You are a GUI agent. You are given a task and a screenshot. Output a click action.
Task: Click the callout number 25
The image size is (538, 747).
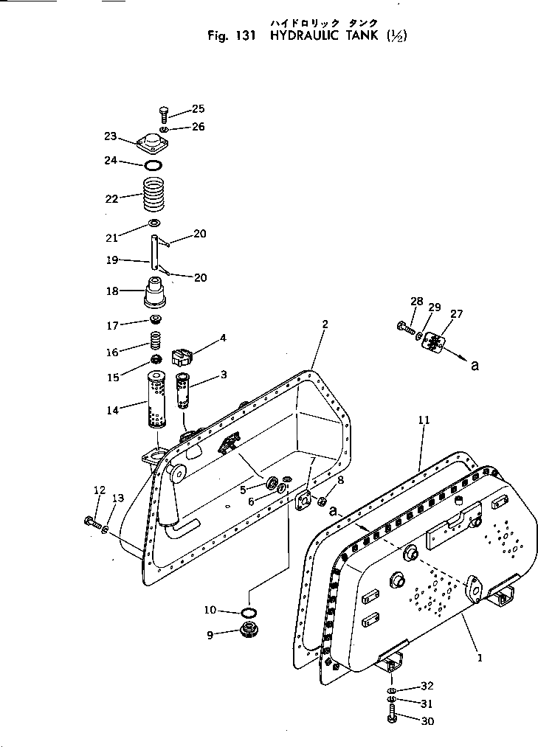198,109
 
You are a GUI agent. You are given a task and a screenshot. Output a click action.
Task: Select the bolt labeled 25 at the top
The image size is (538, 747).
164,114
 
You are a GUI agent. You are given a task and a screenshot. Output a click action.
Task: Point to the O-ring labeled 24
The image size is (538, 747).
154,164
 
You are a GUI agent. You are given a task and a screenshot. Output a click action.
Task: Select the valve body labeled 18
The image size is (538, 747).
155,293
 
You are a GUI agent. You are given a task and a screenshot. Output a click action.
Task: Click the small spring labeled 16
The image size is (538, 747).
155,341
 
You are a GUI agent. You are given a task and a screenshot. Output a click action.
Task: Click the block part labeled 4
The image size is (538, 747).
182,356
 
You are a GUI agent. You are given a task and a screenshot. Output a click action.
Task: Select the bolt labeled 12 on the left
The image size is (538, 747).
92,522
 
